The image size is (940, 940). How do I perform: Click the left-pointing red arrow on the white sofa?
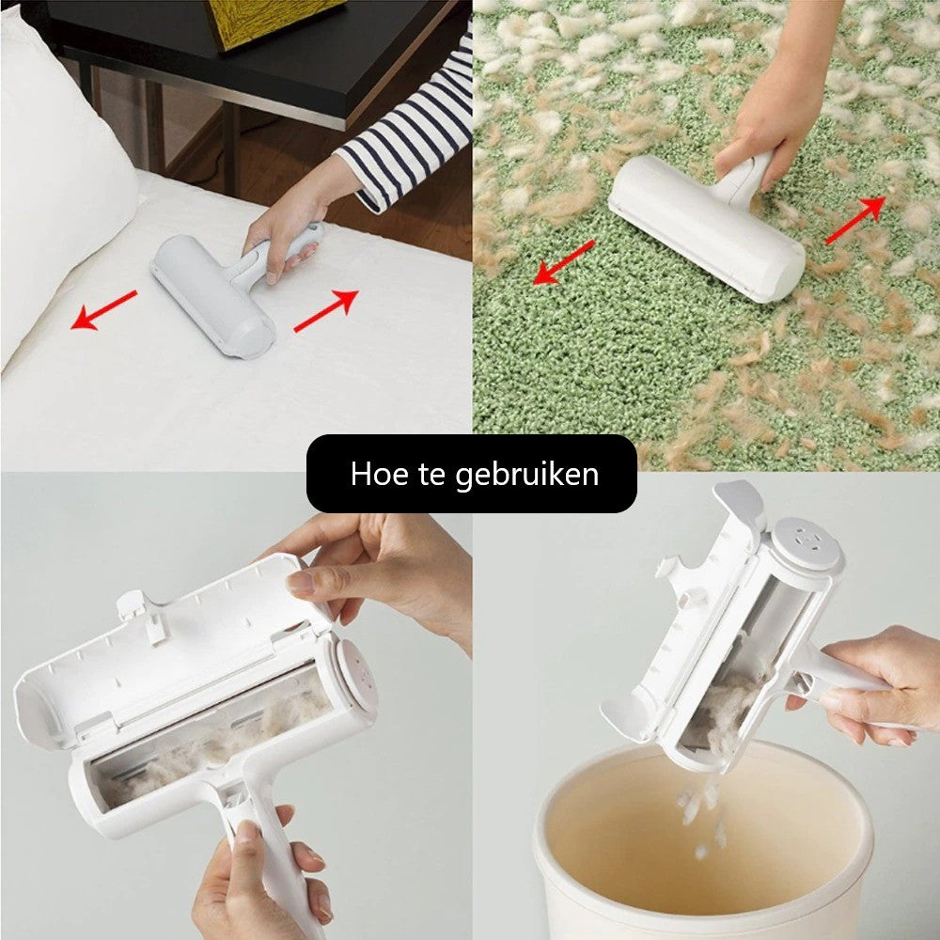(103, 310)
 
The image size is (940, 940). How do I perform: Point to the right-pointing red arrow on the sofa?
(326, 310)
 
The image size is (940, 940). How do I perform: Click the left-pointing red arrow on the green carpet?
(563, 262)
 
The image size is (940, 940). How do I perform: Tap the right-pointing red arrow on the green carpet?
(855, 220)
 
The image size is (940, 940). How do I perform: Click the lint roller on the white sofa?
(234, 288)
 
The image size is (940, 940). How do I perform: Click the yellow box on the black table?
(275, 21)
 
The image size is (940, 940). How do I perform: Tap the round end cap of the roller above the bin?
(806, 543)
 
